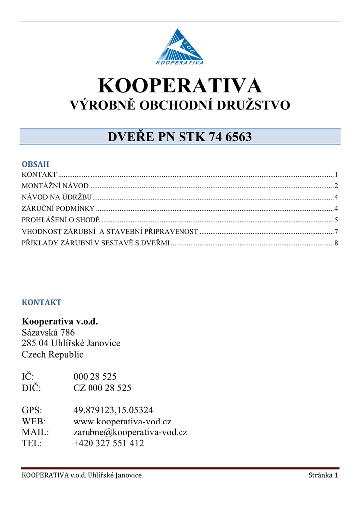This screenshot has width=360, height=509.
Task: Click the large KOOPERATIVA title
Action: (x=180, y=86)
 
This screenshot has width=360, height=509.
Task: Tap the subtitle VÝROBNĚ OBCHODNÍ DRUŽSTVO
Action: (x=180, y=105)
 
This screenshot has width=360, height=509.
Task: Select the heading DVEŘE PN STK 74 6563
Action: (x=180, y=136)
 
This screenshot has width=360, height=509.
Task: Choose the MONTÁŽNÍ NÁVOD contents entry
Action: (x=56, y=186)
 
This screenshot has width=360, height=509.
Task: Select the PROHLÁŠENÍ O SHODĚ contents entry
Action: (x=61, y=220)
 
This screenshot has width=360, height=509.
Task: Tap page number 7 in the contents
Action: (x=336, y=231)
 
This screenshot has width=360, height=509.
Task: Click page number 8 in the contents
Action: (x=336, y=243)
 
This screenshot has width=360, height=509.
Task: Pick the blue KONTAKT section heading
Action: (x=41, y=302)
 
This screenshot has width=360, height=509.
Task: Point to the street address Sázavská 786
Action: (x=48, y=332)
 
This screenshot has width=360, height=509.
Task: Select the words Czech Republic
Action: (x=52, y=354)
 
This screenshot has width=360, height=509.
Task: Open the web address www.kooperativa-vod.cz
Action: (x=122, y=422)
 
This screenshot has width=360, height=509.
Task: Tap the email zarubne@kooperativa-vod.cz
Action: (x=130, y=432)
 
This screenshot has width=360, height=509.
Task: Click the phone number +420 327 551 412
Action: (x=108, y=443)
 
